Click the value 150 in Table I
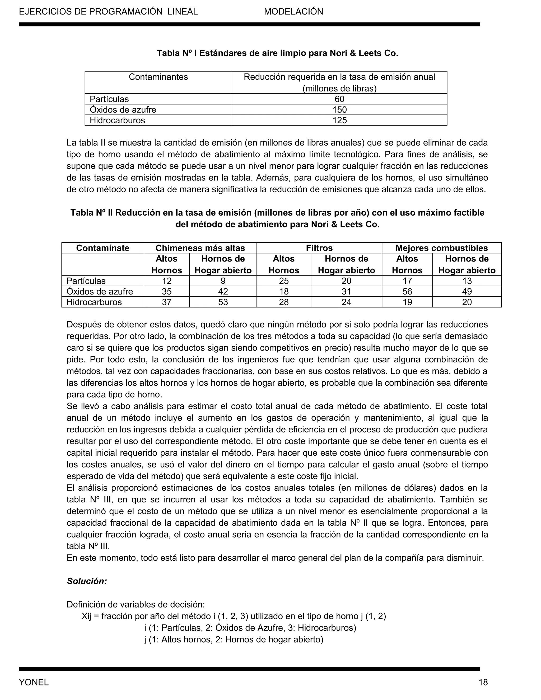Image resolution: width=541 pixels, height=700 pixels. [339, 110]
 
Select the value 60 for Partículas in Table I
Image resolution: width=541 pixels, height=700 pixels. [339, 99]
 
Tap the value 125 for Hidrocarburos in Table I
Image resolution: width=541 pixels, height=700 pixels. [339, 120]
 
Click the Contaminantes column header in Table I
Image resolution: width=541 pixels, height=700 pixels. [158, 77]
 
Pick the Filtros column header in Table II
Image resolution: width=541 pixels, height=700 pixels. [319, 248]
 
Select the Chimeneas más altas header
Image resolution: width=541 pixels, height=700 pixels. [200, 248]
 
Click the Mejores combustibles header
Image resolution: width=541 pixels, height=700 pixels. [441, 248]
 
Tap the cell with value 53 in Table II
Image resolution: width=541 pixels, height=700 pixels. [223, 302]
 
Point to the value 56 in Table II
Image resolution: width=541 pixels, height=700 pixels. [407, 291]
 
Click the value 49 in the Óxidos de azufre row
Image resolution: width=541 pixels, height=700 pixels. [467, 291]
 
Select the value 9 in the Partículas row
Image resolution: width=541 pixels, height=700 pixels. [223, 281]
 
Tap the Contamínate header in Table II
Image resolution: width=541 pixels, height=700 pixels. [102, 248]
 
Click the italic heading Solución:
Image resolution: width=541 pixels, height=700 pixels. [87, 581]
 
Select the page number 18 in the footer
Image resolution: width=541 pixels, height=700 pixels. [483, 682]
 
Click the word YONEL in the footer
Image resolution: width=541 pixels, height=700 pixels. [34, 682]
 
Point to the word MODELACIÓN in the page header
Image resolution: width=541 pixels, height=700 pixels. [293, 12]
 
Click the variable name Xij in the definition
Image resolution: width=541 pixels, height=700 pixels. [87, 616]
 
